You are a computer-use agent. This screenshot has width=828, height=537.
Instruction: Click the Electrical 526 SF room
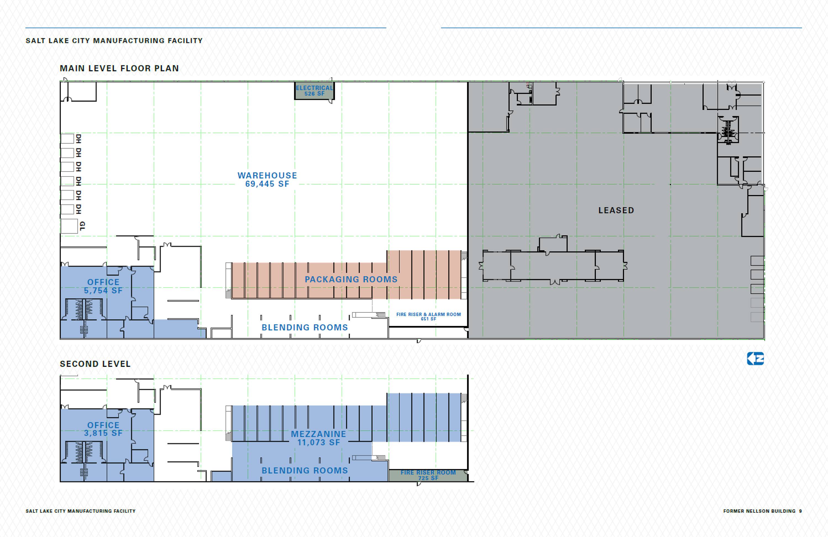pos(314,91)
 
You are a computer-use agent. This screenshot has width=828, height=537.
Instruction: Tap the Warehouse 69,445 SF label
pos(267,180)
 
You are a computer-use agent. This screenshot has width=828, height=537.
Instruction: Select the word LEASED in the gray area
pos(616,210)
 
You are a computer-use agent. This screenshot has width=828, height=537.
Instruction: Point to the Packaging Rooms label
pos(351,279)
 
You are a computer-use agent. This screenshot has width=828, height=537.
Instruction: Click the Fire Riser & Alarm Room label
pos(428,316)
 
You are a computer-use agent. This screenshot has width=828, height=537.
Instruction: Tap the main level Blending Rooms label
pos(305,327)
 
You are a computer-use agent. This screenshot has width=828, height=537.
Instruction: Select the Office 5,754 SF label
pos(103,286)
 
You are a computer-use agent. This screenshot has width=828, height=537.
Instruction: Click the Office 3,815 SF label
pos(103,429)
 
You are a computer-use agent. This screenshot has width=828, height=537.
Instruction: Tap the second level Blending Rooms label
pos(305,471)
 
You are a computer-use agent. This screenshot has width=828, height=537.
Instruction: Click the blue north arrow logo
pos(755,359)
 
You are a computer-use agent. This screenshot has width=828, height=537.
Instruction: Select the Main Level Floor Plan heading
pos(119,68)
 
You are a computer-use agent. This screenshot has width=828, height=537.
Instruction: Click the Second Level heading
pos(95,364)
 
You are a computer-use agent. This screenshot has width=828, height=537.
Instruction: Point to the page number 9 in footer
pos(800,511)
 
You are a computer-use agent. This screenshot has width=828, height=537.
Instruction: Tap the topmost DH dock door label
pos(79,139)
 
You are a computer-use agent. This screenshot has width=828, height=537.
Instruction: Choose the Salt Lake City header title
pos(114,41)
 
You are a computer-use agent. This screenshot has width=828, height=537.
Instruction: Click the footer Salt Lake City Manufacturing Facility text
pos(80,511)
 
